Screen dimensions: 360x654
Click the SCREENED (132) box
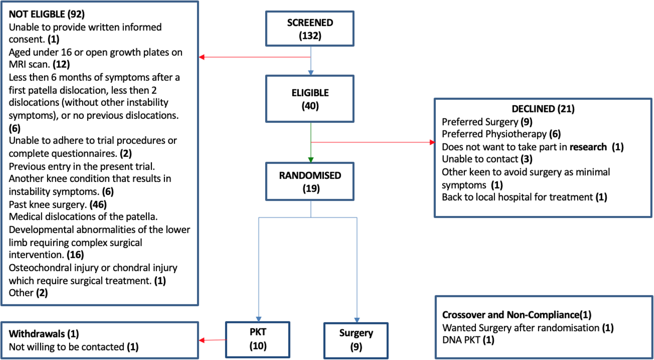point(310,29)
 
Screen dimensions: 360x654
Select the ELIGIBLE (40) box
point(310,99)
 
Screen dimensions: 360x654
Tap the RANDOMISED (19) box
point(310,182)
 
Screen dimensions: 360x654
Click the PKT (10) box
point(257,339)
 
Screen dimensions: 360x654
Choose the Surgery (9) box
point(356,340)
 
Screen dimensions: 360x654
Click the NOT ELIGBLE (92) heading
point(46,14)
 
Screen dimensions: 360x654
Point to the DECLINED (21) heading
point(543,109)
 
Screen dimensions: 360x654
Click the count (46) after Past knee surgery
point(98,205)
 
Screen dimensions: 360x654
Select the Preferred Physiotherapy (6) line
point(501,134)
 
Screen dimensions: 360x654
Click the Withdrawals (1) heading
point(44,334)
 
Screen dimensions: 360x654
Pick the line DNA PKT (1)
point(468,340)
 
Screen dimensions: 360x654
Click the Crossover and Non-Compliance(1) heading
point(516,315)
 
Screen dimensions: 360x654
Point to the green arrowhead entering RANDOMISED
point(311,160)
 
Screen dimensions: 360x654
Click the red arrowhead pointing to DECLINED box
point(432,142)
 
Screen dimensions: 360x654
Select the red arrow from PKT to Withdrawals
point(212,340)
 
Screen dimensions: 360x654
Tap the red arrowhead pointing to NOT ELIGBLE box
point(202,57)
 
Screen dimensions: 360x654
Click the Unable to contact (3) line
point(487,159)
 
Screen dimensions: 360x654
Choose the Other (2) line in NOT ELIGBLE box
point(28,293)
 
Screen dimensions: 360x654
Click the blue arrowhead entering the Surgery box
point(357,320)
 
